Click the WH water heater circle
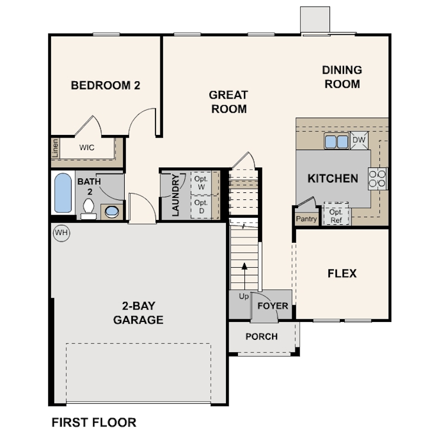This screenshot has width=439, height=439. coord(62,233)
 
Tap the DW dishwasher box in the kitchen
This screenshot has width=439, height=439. coord(359,140)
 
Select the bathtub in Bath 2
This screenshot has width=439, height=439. coord(63,193)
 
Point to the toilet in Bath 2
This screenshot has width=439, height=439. coord(89,209)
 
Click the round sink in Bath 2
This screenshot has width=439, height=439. coord(112,212)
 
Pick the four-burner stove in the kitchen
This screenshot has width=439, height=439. coord(377,179)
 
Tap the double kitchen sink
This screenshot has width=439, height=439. coord(336,141)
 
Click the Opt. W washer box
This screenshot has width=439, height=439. coord(201,183)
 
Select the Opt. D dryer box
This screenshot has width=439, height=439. coord(201,206)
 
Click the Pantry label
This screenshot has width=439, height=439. coord(306,219)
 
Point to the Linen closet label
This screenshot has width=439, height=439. coord(55,149)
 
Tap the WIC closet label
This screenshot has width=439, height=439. coord(87,147)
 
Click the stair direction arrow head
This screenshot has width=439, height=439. coord(244,266)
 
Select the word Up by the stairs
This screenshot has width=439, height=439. coord(243,296)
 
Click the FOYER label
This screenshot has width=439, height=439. coord(273,306)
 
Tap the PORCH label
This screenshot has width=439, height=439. coord(261,336)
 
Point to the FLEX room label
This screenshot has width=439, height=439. coord(342,274)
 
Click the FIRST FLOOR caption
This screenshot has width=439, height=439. coord(94,423)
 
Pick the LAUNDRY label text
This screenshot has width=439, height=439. coord(175,195)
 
